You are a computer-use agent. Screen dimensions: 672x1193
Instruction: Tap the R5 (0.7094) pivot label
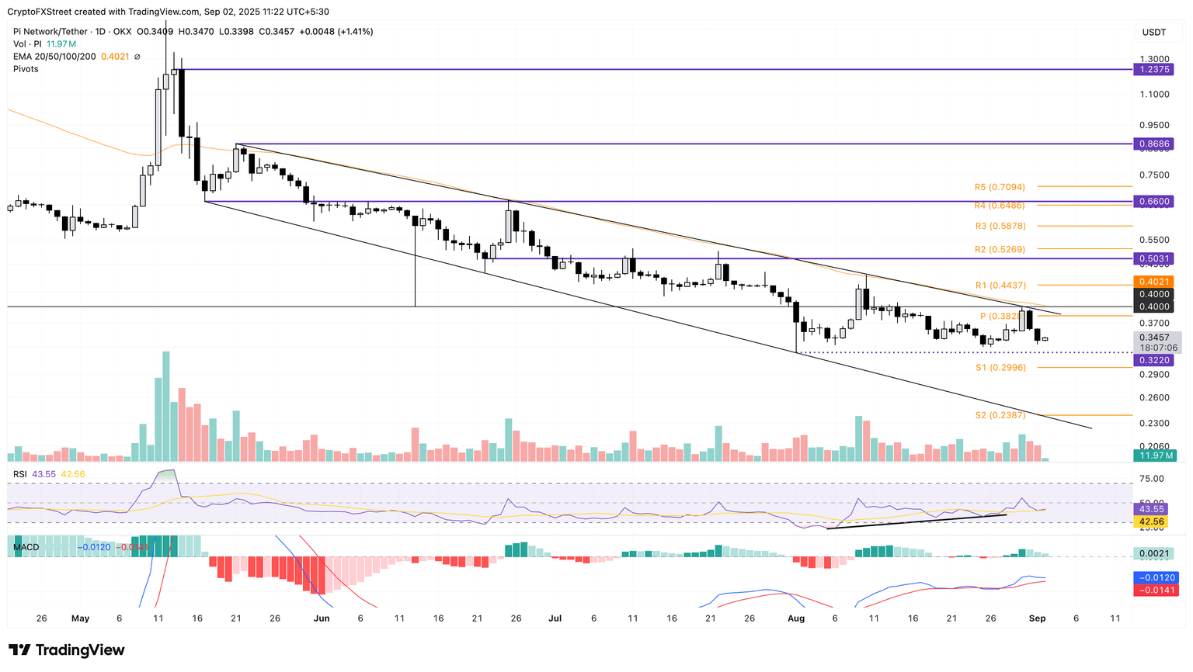1000,187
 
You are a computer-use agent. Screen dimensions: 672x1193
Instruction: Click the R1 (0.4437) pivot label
1000,286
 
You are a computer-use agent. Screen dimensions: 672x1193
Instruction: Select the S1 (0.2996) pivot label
1000,368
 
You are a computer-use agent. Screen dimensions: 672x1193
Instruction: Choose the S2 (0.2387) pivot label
1000,416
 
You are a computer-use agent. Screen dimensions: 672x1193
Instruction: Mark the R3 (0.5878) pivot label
1000,226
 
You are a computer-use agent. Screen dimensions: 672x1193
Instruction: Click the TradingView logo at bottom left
67,650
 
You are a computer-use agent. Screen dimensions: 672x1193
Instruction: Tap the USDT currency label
1154,32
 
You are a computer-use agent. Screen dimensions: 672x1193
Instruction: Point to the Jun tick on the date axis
321,618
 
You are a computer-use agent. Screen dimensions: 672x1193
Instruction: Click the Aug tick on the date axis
795,618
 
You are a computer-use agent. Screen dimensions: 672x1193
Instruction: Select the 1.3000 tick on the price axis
1154,59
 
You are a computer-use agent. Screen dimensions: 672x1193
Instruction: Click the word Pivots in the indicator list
26,69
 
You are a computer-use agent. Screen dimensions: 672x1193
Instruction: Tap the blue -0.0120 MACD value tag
1157,577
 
